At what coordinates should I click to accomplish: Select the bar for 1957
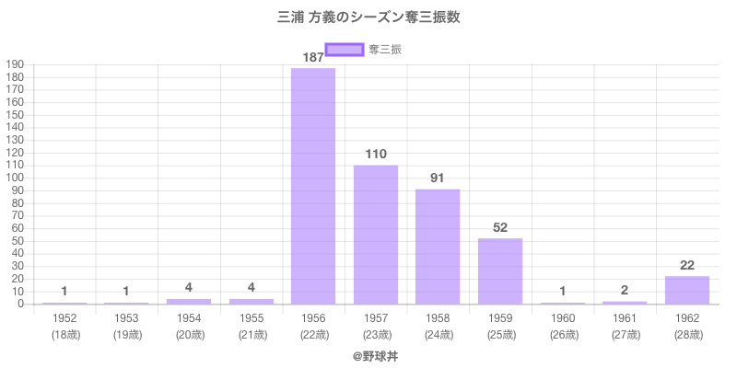pyautogui.click(x=375, y=235)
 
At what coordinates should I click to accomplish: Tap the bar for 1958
pyautogui.click(x=438, y=247)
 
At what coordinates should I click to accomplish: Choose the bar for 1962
pyautogui.click(x=686, y=290)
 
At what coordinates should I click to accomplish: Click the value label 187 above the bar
pyautogui.click(x=313, y=58)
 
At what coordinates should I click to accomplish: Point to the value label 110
pyautogui.click(x=375, y=155)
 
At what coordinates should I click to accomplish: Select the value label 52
pyautogui.click(x=500, y=227)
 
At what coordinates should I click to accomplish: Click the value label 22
pyautogui.click(x=686, y=265)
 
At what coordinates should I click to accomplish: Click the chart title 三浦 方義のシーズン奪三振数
pyautogui.click(x=368, y=17)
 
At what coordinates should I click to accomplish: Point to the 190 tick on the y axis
pyautogui.click(x=14, y=64)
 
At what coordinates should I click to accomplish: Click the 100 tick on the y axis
pyautogui.click(x=14, y=178)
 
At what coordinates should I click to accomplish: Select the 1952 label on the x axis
pyautogui.click(x=64, y=317)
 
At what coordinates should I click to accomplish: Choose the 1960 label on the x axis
pyautogui.click(x=562, y=317)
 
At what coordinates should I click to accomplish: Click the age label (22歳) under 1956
pyautogui.click(x=313, y=335)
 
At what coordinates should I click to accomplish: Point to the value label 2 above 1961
pyautogui.click(x=625, y=290)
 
